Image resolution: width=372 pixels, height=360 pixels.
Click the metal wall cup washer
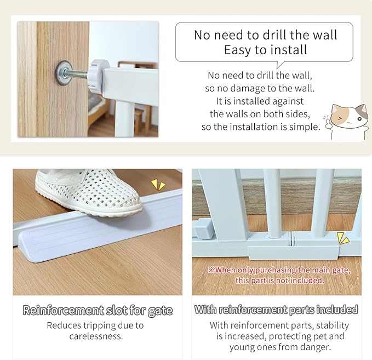[x=64, y=71]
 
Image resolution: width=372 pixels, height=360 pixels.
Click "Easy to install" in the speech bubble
[x=265, y=50]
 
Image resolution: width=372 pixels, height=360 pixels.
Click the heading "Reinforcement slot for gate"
[x=98, y=311]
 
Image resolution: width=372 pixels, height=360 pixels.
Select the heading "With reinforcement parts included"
[x=276, y=310]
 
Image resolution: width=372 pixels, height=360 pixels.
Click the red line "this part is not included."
[x=280, y=280]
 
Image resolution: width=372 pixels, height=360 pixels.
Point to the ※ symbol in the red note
[x=210, y=270]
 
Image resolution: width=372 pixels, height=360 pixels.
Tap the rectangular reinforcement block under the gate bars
[x=291, y=252]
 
